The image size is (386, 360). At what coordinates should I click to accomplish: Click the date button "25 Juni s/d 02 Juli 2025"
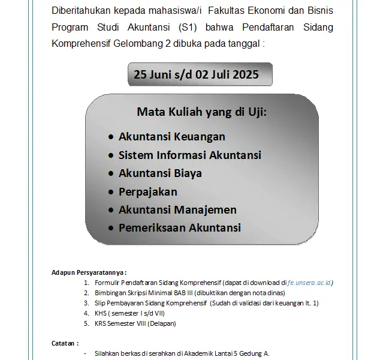196,75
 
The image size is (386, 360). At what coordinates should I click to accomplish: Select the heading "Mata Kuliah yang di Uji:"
201,112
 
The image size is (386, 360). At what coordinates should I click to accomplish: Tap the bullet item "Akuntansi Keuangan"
171,137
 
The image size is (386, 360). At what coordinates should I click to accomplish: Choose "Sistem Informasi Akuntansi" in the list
189,155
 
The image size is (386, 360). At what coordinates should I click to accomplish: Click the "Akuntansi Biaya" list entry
160,173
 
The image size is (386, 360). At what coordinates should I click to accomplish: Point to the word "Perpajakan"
147,191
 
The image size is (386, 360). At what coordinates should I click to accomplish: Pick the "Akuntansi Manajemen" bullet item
177,209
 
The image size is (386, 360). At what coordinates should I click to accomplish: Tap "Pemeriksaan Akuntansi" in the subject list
179,228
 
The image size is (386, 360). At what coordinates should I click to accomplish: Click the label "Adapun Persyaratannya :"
89,272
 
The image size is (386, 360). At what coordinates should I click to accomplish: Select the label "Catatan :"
65,344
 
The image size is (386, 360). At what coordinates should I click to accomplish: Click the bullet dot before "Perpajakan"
111,192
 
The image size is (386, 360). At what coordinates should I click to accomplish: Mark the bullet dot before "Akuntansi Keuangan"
111,137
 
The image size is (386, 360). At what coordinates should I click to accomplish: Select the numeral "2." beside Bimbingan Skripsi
87,293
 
